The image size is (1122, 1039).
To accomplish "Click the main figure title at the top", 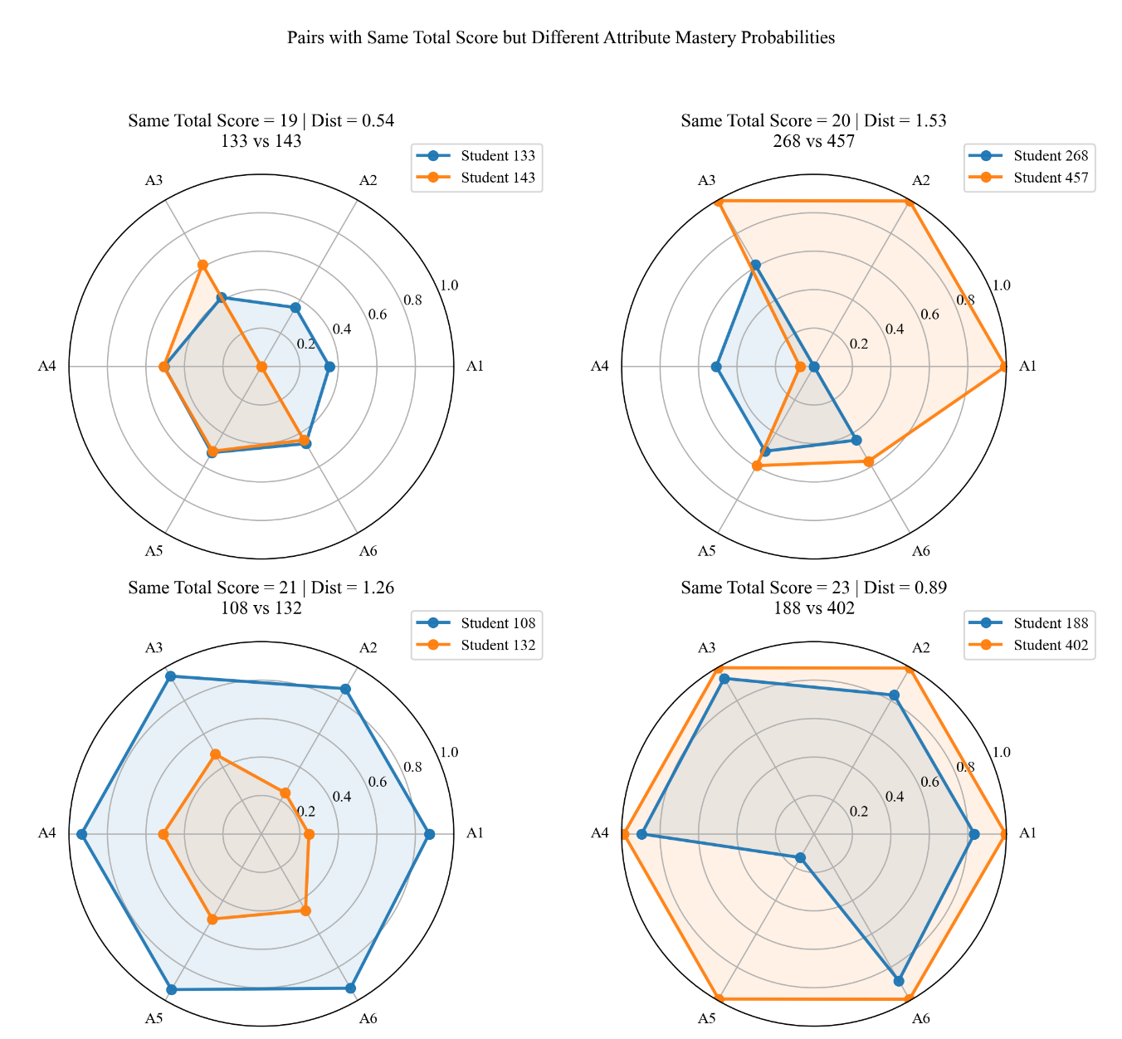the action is pyautogui.click(x=560, y=37).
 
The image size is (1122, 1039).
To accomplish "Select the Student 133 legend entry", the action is pyautogui.click(x=476, y=156).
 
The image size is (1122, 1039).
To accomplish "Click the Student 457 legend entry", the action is pyautogui.click(x=1028, y=178).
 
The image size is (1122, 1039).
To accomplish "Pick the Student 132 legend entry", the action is pyautogui.click(x=476, y=645).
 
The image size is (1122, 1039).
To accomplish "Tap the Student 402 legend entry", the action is pyautogui.click(x=1028, y=645).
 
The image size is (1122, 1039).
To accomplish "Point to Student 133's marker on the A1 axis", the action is pyautogui.click(x=330, y=368).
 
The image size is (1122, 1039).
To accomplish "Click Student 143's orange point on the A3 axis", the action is pyautogui.click(x=202, y=265).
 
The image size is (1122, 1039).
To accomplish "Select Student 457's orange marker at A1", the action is pyautogui.click(x=1003, y=368).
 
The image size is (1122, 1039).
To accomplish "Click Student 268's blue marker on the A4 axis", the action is pyautogui.click(x=716, y=368).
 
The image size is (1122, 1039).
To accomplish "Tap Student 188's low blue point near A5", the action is pyautogui.click(x=800, y=858).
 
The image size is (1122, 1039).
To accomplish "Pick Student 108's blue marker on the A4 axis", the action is pyautogui.click(x=82, y=835).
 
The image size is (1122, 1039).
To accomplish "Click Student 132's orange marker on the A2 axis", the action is pyautogui.click(x=285, y=793).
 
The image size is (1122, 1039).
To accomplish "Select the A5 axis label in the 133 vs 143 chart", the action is pyautogui.click(x=154, y=551).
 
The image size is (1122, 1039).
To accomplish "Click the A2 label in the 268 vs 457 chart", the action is pyautogui.click(x=921, y=180).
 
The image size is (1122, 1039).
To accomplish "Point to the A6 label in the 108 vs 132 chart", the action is pyautogui.click(x=368, y=1018).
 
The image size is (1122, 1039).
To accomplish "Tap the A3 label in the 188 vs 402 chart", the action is pyautogui.click(x=706, y=647).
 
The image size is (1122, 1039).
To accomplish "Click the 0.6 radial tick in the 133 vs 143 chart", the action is pyautogui.click(x=378, y=315).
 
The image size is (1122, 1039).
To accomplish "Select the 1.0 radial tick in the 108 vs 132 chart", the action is pyautogui.click(x=449, y=752).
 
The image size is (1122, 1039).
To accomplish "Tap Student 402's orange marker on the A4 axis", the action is pyautogui.click(x=624, y=835).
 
